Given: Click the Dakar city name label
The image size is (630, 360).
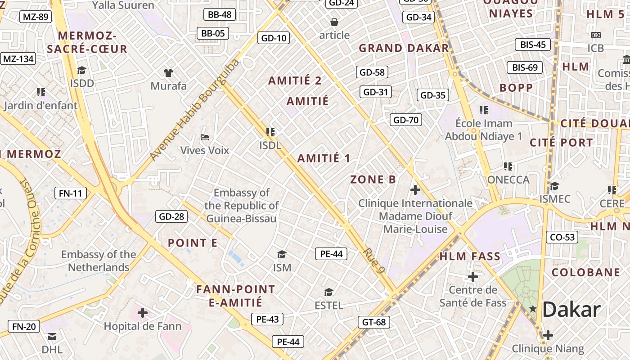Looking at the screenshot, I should (x=571, y=310).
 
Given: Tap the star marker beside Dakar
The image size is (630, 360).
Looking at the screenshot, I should (x=533, y=309).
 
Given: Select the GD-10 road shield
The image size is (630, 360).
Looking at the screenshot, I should (x=274, y=38).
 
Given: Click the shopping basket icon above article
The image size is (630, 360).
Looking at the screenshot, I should (x=334, y=22).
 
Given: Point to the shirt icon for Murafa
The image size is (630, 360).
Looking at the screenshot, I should (x=168, y=72).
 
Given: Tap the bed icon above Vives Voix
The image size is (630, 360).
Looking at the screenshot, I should (x=205, y=137).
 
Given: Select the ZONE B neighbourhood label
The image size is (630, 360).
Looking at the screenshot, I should (x=373, y=180).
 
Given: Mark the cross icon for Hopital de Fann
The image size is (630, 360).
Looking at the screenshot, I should (x=143, y=312).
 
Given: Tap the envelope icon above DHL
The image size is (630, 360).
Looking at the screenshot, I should (x=52, y=336).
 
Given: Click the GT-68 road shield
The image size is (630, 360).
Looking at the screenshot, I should (x=373, y=322).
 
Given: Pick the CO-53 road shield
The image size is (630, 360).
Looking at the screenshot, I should (x=562, y=237).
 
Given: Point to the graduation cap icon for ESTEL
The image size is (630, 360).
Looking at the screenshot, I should (x=328, y=292).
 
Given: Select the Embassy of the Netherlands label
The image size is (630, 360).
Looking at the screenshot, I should (x=99, y=261).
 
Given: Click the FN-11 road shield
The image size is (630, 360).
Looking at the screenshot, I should (x=70, y=193).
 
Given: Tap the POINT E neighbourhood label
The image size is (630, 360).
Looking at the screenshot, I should (x=193, y=243).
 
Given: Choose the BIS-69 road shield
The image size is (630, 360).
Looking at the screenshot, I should (x=525, y=67).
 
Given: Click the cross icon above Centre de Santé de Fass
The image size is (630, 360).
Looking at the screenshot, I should (x=472, y=276).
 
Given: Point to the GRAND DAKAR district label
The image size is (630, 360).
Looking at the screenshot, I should (x=404, y=48).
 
